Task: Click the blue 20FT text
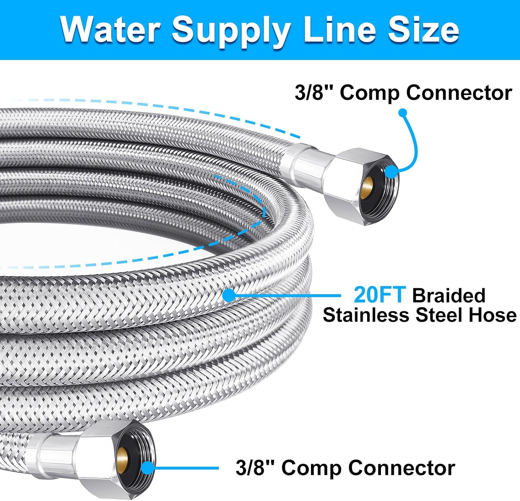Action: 379,295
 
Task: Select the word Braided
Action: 449,296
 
